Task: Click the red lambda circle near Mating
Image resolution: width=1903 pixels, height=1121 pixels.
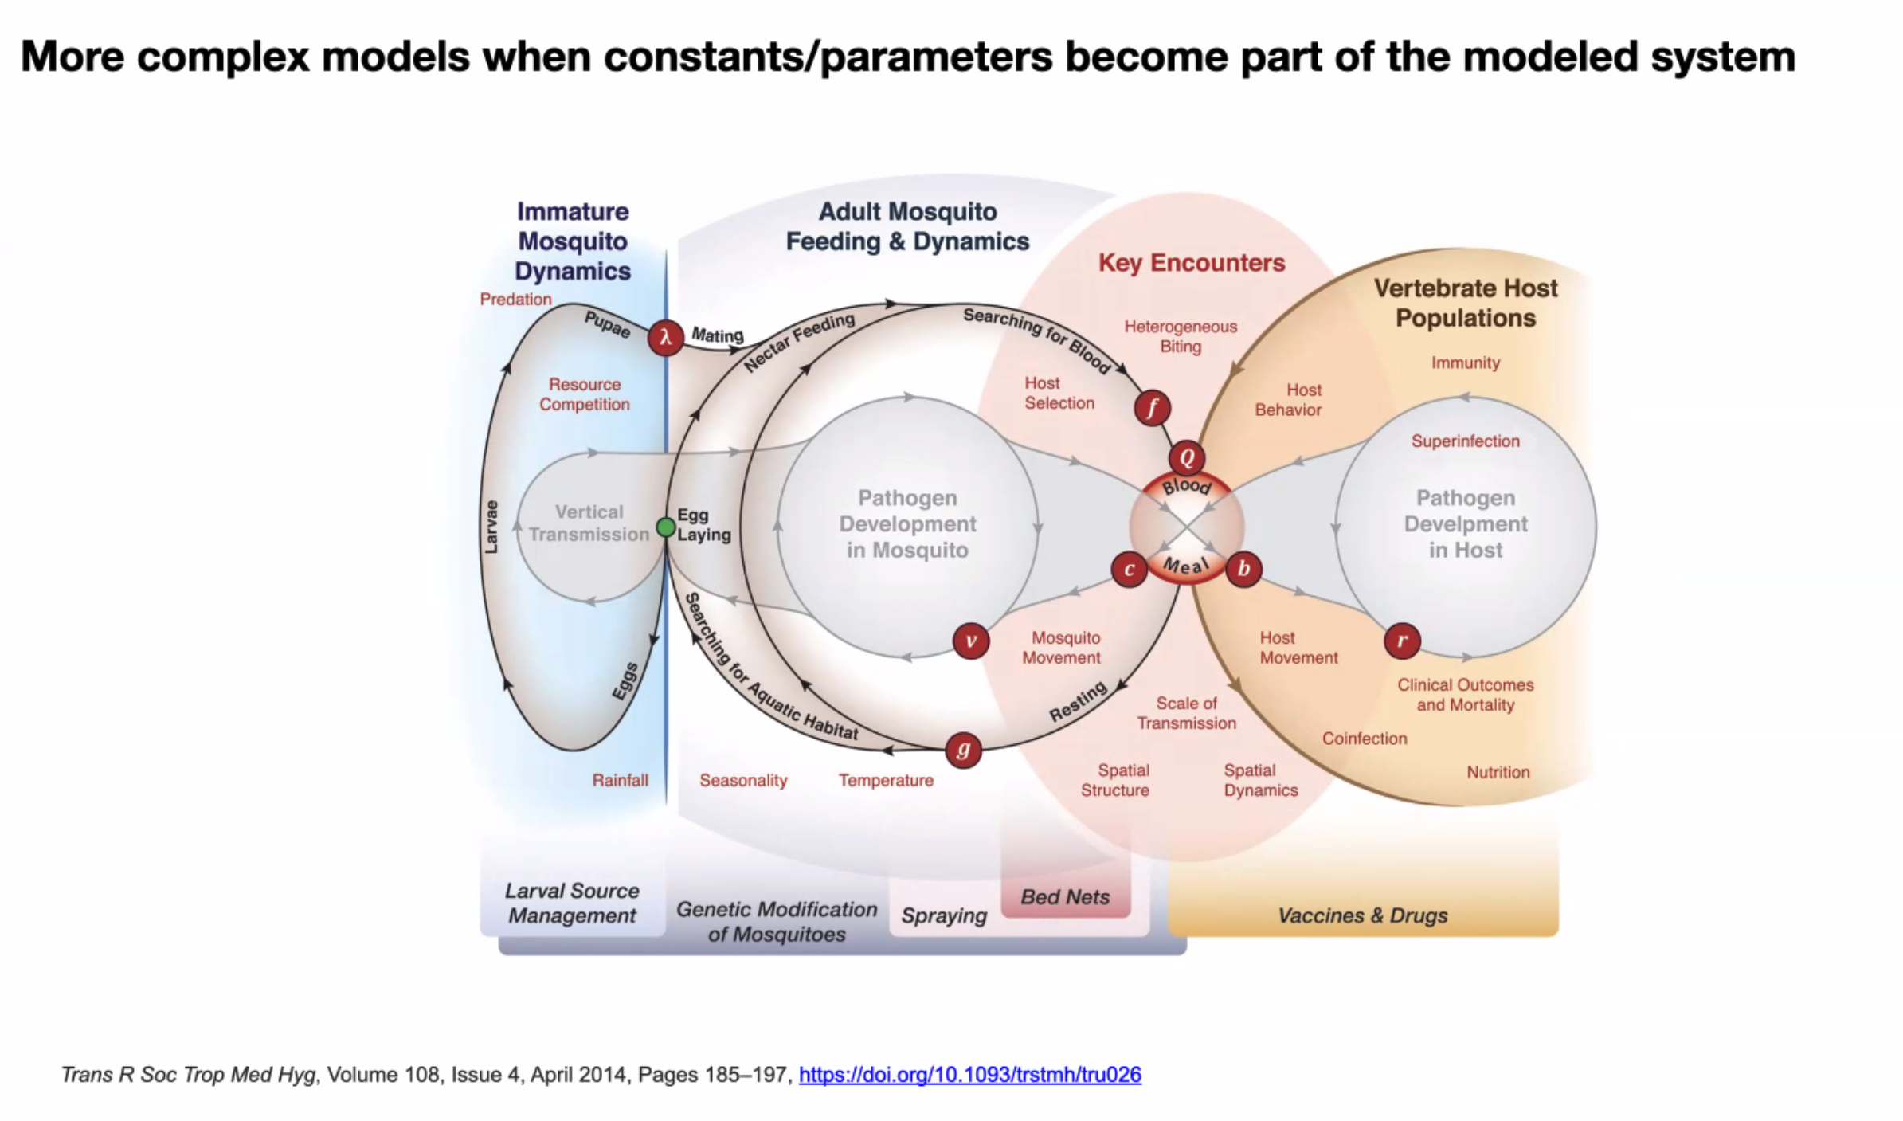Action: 665,337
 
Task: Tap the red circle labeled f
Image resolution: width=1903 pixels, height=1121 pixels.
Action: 1152,408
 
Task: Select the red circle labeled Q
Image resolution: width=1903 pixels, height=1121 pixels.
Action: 1187,458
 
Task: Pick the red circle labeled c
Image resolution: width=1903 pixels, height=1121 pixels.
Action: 1129,569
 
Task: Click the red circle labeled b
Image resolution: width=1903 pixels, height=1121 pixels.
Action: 1243,569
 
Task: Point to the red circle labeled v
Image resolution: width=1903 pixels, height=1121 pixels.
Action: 971,641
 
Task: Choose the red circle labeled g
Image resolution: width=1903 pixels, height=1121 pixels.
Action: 963,750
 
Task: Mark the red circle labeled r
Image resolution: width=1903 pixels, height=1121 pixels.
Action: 1402,641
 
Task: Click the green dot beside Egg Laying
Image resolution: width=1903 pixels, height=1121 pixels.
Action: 666,527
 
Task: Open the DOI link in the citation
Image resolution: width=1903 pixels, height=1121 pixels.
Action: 969,1075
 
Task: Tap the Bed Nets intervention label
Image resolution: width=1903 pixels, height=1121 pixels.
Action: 1065,897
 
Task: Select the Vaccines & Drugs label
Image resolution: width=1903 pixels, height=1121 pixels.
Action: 1362,915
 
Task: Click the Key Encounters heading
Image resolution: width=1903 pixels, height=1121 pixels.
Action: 1192,263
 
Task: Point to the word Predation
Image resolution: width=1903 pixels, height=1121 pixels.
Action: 515,300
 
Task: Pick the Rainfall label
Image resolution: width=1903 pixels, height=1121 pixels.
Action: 620,780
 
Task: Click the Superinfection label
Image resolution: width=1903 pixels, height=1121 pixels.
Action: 1465,441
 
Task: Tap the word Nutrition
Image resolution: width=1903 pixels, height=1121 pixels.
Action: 1498,772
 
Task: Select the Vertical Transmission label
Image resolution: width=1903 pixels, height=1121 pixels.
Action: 589,523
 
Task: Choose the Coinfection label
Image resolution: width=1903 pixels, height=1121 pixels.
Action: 1365,739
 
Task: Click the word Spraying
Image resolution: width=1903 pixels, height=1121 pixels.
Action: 944,915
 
